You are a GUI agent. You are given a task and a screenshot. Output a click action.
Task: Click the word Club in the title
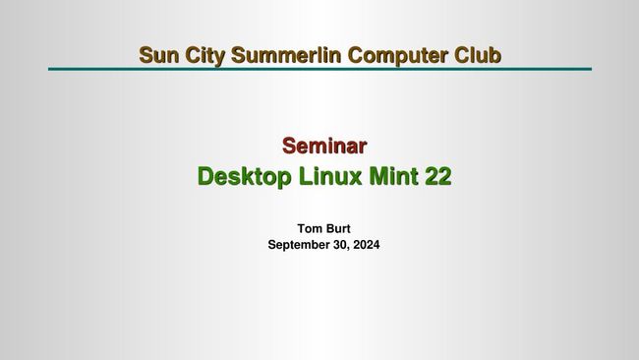click(478, 54)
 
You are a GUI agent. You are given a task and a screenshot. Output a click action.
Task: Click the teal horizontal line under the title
click(319, 69)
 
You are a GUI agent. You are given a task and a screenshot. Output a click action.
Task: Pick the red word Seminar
click(324, 147)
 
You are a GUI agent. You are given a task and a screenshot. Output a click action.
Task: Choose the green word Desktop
click(243, 177)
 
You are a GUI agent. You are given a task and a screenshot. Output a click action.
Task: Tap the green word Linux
click(329, 177)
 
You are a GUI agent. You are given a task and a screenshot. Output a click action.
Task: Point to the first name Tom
click(309, 229)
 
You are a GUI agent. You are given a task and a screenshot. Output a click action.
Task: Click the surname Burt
click(337, 229)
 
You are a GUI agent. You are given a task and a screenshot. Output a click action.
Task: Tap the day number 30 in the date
click(341, 245)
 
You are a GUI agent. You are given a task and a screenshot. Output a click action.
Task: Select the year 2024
click(366, 245)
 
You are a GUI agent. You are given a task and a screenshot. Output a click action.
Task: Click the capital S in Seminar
click(290, 147)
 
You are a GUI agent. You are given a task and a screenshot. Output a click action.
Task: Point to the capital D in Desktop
click(205, 177)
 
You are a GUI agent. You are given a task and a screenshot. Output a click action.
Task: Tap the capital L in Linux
click(304, 177)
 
